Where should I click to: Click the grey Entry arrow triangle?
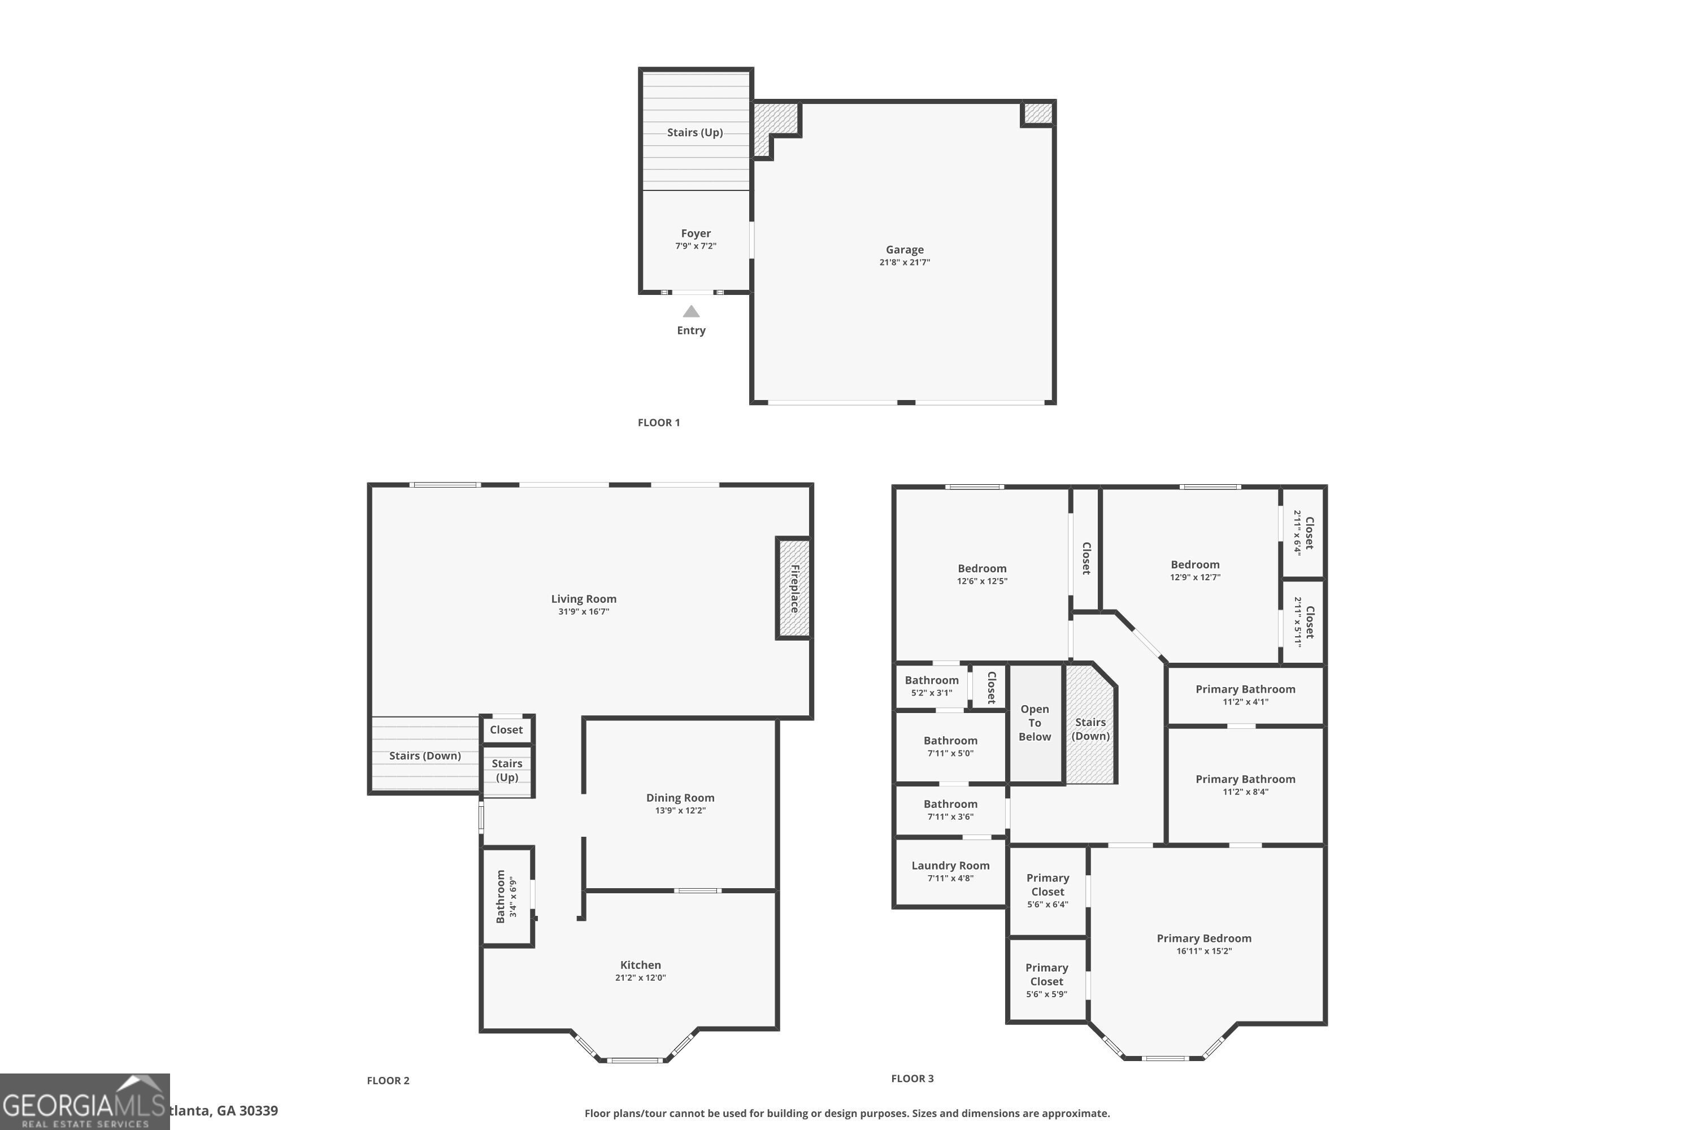click(691, 311)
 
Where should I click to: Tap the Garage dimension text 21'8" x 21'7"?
click(905, 262)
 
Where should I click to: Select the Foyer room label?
click(696, 233)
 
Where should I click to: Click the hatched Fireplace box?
click(793, 588)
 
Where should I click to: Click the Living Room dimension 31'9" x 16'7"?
click(583, 612)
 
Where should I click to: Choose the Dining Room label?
click(680, 798)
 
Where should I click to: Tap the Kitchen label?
click(640, 965)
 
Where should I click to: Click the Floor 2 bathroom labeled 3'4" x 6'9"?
click(507, 896)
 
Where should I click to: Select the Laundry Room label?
click(950, 866)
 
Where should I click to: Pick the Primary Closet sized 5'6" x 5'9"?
click(1046, 980)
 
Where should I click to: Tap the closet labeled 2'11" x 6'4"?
click(1303, 533)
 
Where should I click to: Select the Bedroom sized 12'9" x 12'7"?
click(1195, 570)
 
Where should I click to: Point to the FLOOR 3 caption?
click(912, 1079)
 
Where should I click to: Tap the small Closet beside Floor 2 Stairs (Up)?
click(506, 730)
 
